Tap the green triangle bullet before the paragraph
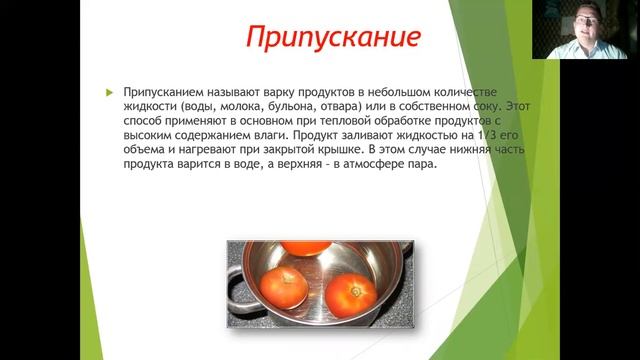[110, 92]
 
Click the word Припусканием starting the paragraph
[164, 91]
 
